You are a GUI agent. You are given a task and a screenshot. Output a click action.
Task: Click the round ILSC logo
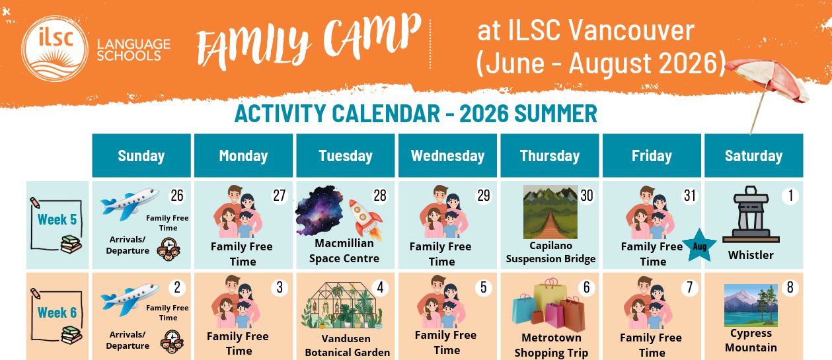55,48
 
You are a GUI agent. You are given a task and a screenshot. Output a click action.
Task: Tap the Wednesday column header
447,155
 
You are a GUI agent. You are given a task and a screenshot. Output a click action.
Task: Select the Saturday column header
753,155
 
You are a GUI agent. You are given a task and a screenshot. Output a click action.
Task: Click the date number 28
379,196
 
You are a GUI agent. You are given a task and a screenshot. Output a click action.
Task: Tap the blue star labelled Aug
699,246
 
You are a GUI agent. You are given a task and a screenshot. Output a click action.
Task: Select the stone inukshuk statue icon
751,215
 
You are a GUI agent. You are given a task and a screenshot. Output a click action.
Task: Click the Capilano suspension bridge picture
550,212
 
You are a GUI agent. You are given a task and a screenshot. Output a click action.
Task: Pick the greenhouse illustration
343,305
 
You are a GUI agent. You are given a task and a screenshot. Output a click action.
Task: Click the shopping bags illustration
548,305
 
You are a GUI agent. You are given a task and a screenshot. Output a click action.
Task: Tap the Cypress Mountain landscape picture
751,305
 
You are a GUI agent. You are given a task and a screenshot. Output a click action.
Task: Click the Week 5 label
57,219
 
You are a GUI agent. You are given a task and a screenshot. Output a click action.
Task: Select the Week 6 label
57,312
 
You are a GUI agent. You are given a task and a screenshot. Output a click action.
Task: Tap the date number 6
586,287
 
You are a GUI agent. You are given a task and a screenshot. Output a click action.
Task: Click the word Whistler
751,255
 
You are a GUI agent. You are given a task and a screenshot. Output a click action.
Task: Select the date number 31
689,196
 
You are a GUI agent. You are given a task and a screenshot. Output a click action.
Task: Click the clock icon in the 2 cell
172,342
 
